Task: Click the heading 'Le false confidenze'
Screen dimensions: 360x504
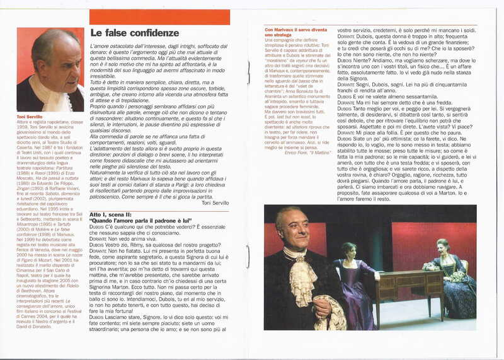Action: coord(134,33)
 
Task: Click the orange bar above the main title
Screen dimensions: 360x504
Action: coord(159,17)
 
